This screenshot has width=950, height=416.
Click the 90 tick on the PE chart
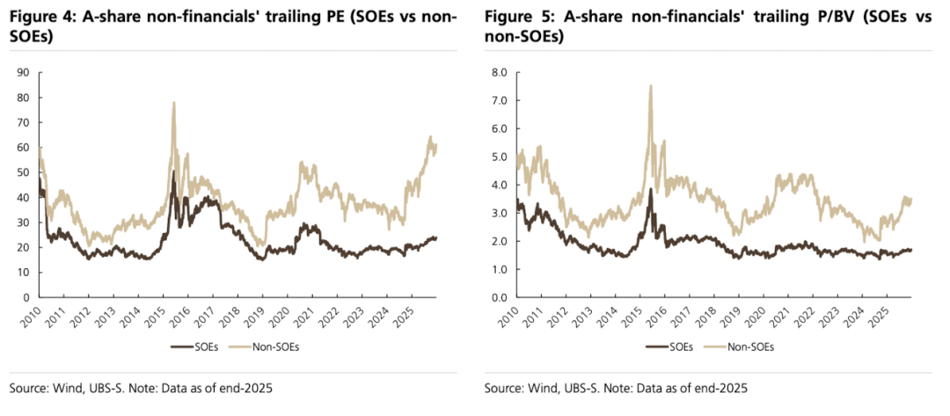tap(22, 72)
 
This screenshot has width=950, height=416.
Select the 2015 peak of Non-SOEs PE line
tap(173, 103)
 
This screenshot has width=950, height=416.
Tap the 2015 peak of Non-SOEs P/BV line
tap(650, 86)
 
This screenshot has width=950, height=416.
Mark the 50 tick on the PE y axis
tap(22, 172)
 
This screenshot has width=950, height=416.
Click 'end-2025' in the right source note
tap(724, 388)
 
